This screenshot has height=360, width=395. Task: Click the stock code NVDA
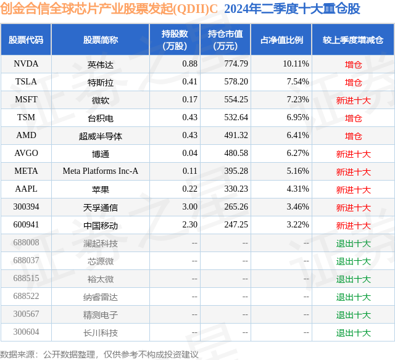coord(27,64)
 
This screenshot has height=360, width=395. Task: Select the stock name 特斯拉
coord(101,82)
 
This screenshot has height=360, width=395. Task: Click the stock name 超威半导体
coord(101,136)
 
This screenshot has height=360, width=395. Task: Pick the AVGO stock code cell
coord(27,153)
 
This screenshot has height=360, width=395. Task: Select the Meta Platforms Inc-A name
coord(101,171)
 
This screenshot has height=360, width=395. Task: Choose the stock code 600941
coord(27,225)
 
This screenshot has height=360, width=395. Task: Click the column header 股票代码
coord(26,40)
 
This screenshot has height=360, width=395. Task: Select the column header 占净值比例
coord(281,40)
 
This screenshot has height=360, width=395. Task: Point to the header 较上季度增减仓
coord(353,40)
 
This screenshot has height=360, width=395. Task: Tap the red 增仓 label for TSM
coord(353,118)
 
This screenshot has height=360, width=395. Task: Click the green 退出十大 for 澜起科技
coord(353,243)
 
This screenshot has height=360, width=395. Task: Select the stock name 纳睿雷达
coord(101,297)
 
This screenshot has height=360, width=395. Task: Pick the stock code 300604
coord(27,333)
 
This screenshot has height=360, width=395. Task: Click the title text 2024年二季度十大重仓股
coord(292,9)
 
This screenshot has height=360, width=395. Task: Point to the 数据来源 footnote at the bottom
coord(99,354)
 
